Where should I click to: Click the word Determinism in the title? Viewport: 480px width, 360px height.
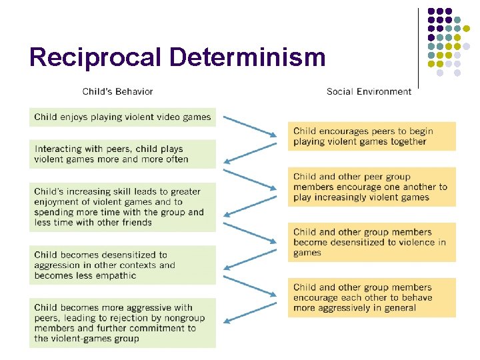(247, 57)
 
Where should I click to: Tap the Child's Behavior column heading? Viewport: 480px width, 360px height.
(117, 91)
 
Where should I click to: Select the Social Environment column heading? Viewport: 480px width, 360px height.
(369, 91)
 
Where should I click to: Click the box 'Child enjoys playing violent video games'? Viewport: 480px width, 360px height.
(123, 117)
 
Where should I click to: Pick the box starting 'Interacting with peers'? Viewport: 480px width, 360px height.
(123, 154)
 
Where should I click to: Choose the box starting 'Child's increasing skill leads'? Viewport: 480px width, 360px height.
(123, 207)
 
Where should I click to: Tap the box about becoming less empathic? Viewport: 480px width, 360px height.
(123, 265)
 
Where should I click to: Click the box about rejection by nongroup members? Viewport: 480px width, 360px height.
(123, 323)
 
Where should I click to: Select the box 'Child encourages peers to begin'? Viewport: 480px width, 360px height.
(371, 136)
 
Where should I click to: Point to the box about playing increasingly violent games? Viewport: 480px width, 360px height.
(371, 187)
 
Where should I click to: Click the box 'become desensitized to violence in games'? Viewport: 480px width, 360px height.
(371, 242)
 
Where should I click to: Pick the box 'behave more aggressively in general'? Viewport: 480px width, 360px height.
(371, 297)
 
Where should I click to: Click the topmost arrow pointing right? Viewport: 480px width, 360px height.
(249, 126)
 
